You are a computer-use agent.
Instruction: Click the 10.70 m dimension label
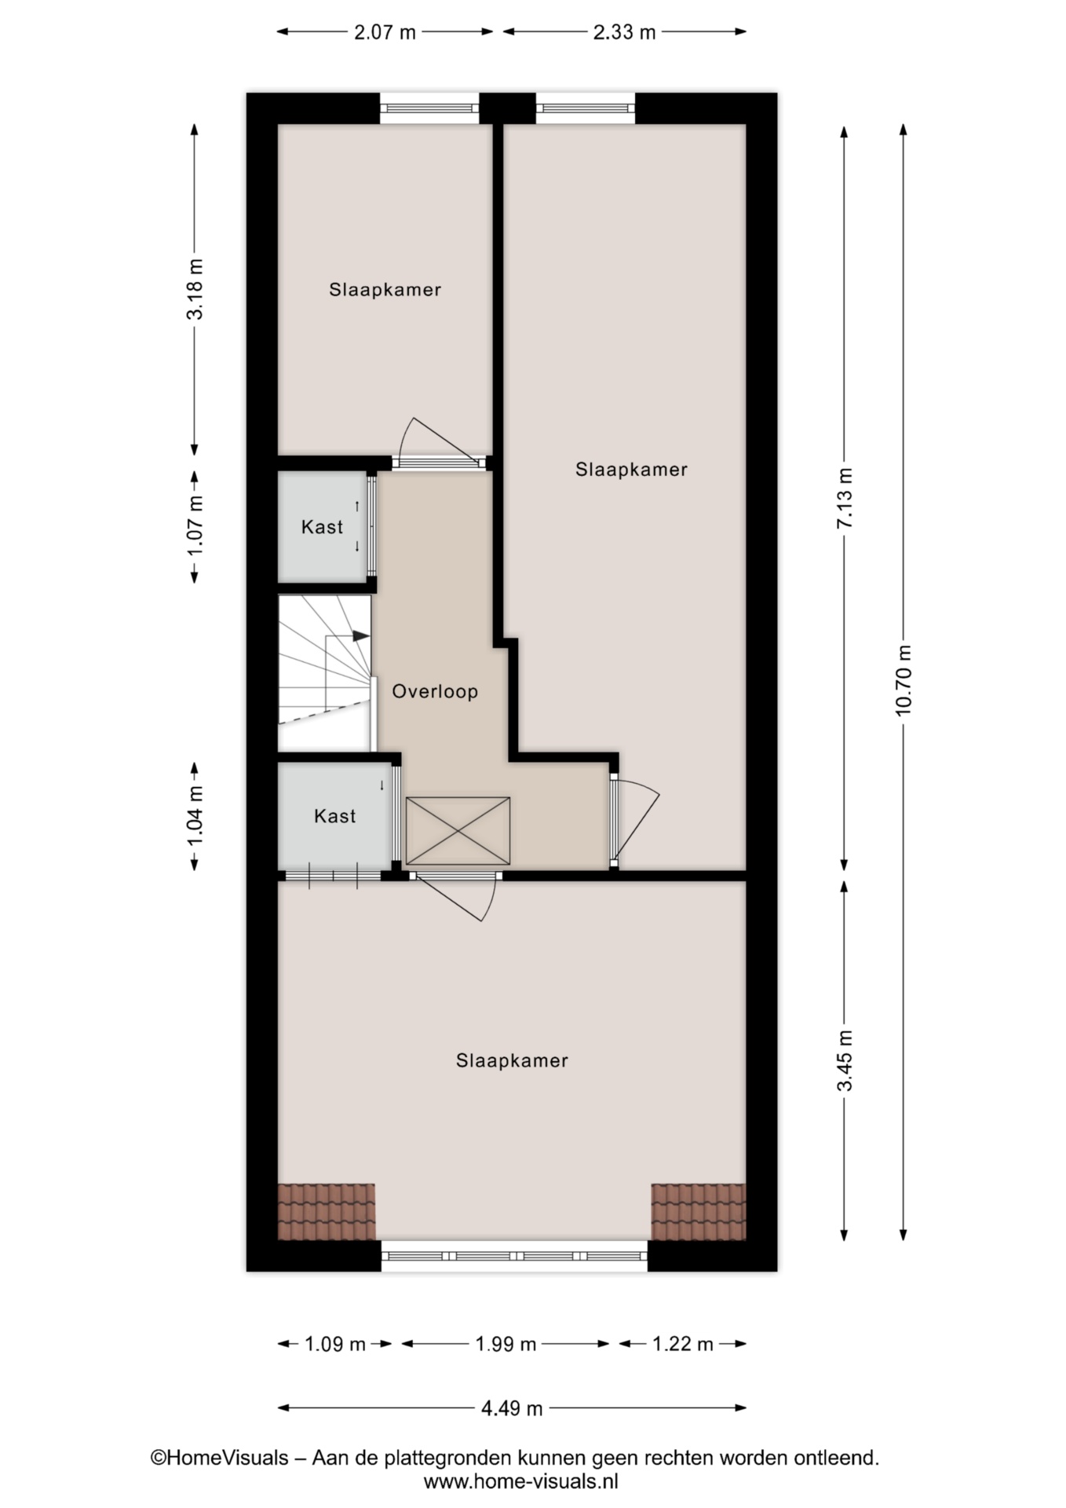coord(904,679)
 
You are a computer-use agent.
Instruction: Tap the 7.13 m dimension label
coord(845,498)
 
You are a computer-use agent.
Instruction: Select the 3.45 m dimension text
coord(845,1060)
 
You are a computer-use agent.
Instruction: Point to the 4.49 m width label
coord(512,1408)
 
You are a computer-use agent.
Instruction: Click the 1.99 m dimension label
coord(506,1344)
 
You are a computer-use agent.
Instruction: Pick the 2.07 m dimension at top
coord(385,32)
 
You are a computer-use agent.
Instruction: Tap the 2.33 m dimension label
coord(624,32)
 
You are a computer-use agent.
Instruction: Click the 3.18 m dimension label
coord(195,288)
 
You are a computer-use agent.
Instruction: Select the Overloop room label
coord(435,691)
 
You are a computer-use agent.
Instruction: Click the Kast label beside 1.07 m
coord(323,526)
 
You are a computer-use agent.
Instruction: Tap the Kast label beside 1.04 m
coord(335,816)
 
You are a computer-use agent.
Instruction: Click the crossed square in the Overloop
coord(458,831)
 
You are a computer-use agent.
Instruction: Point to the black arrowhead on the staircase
coord(360,635)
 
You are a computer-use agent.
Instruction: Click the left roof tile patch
coord(327,1212)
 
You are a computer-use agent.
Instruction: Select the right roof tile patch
coord(698,1212)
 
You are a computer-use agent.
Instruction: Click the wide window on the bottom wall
coord(514,1256)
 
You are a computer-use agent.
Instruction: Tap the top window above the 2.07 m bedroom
coord(429,108)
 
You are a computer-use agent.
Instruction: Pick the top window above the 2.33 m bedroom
coord(586,108)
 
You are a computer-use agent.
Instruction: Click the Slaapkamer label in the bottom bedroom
coord(512,1060)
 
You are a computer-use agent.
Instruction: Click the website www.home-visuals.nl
coord(521,1481)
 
